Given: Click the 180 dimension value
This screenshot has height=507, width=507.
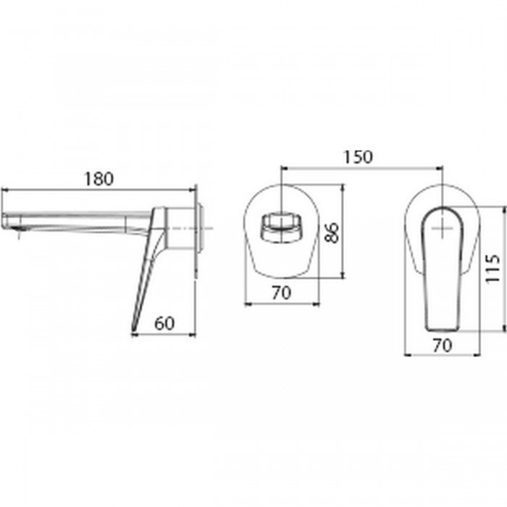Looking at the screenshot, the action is [99, 179].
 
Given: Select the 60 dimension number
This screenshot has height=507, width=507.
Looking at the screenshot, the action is [164, 323].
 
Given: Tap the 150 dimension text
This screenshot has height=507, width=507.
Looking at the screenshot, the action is [358, 157].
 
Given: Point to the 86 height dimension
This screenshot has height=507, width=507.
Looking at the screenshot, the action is [332, 232].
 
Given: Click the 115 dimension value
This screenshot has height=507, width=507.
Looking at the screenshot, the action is [493, 269].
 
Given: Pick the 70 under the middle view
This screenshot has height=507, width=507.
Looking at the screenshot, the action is [281, 293].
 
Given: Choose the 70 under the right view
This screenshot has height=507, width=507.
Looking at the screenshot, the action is [442, 345].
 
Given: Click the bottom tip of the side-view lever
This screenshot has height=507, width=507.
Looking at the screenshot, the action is [133, 330].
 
